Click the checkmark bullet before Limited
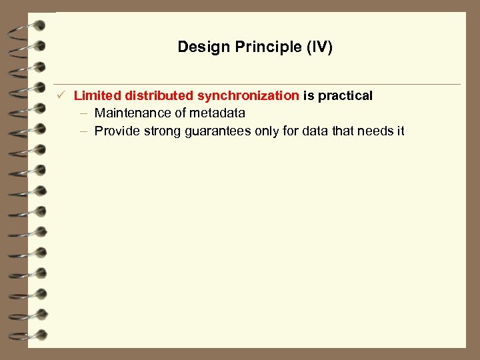click(x=60, y=96)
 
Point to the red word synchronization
click(x=248, y=96)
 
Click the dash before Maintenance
click(x=84, y=113)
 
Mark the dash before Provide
click(x=84, y=131)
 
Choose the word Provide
click(x=116, y=131)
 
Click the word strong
click(x=159, y=131)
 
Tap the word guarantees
click(x=215, y=131)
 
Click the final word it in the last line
click(x=401, y=131)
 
